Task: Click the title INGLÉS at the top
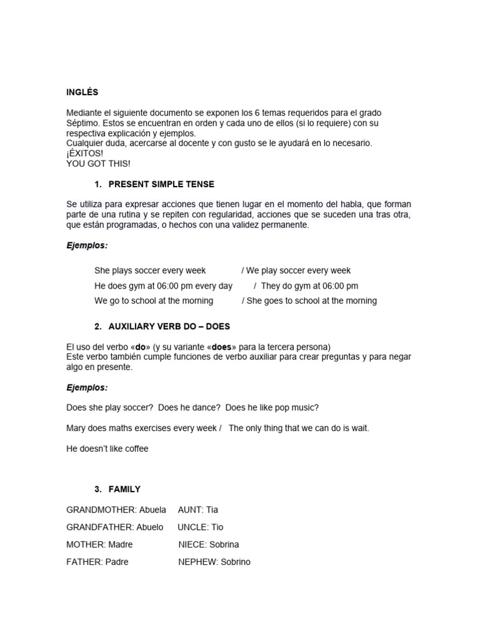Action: coord(82,93)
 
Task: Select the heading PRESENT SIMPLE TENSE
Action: coord(161,185)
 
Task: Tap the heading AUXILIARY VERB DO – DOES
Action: coord(169,326)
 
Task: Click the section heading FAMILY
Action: coord(124,490)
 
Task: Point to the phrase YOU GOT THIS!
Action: coord(98,164)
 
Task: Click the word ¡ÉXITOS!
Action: coord(85,154)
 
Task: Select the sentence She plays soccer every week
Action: coord(150,271)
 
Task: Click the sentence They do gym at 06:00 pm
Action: coord(309,286)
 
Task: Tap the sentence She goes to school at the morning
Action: coord(312,301)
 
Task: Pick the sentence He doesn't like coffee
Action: coord(108,449)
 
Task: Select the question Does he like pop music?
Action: coord(272,407)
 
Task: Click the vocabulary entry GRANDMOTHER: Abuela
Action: coord(116,510)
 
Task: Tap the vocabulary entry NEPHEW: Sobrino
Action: coord(214,562)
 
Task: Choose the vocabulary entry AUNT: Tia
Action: coord(198,510)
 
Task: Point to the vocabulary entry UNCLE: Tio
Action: coord(200,528)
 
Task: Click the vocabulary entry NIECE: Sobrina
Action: coord(209,545)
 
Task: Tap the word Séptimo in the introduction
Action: coord(83,123)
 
